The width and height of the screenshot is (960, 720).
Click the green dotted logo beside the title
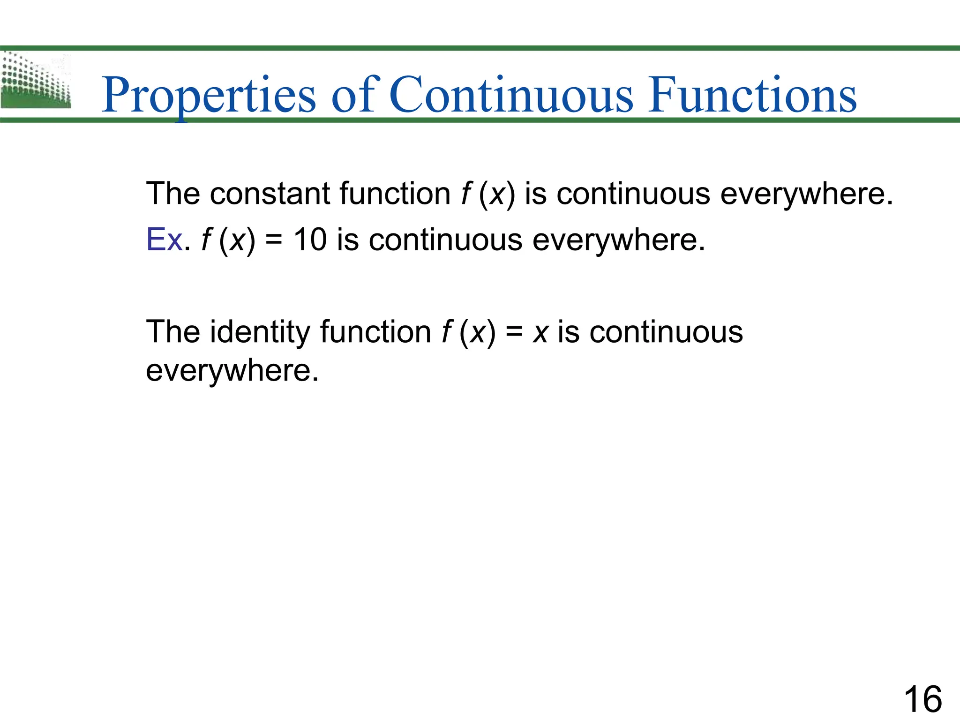pyautogui.click(x=36, y=81)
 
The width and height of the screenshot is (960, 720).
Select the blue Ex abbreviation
pyautogui.click(x=164, y=240)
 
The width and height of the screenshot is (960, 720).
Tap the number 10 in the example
pyautogui.click(x=310, y=240)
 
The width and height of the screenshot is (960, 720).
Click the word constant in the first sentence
pyautogui.click(x=270, y=194)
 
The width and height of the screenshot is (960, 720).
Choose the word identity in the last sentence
pyautogui.click(x=260, y=332)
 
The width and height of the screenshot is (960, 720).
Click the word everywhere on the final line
pyautogui.click(x=232, y=370)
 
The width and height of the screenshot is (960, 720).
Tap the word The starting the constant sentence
pyautogui.click(x=173, y=194)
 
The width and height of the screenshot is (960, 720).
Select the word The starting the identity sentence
pyautogui.click(x=173, y=332)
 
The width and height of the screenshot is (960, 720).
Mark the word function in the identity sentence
pyautogui.click(x=375, y=332)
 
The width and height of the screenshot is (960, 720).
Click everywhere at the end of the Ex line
pyautogui.click(x=619, y=240)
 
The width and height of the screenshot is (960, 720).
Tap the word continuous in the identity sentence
pyautogui.click(x=666, y=332)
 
